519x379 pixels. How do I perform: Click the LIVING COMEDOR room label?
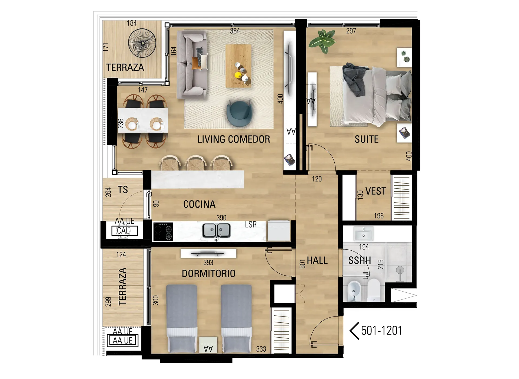[x=234, y=139]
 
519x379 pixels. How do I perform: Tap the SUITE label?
[x=367, y=139]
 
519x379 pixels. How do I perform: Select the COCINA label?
[x=199, y=204]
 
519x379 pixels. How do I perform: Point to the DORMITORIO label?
[x=208, y=273]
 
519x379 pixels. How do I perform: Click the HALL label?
[x=317, y=260]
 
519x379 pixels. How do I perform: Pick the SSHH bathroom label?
[x=359, y=260]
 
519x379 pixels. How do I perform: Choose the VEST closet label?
[x=375, y=191]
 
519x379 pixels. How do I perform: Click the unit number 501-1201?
[x=381, y=331]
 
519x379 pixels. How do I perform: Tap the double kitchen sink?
[x=217, y=231]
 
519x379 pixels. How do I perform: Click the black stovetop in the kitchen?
[x=163, y=231]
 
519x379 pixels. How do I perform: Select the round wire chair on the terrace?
[x=142, y=43]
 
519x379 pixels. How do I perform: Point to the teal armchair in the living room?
[x=239, y=113]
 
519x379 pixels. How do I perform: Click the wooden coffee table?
[x=238, y=66]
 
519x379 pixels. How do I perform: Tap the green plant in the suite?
[x=322, y=41]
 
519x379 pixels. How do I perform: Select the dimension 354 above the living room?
[x=235, y=31]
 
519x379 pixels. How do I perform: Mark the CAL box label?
[x=123, y=231]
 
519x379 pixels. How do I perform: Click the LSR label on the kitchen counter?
[x=251, y=224]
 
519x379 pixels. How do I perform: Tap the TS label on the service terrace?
[x=123, y=190]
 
